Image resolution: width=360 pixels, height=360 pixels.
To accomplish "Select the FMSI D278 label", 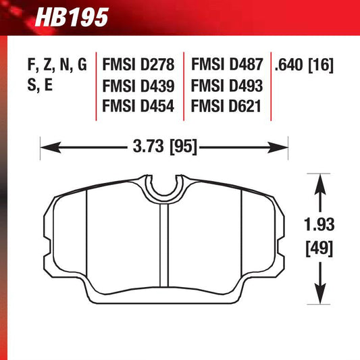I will click(x=138, y=66).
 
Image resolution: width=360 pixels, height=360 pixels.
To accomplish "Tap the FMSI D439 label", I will click(x=138, y=86).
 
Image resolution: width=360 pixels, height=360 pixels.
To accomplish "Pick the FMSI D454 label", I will click(x=138, y=107).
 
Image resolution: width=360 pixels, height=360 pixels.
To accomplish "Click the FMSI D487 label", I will click(x=226, y=66).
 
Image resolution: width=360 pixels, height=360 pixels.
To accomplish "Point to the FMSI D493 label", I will click(x=226, y=86).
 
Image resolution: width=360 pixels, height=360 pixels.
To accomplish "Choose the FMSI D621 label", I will click(x=226, y=107).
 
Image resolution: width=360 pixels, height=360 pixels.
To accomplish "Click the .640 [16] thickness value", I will click(x=305, y=66).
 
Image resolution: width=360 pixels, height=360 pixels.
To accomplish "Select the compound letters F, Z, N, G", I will click(x=58, y=66).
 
